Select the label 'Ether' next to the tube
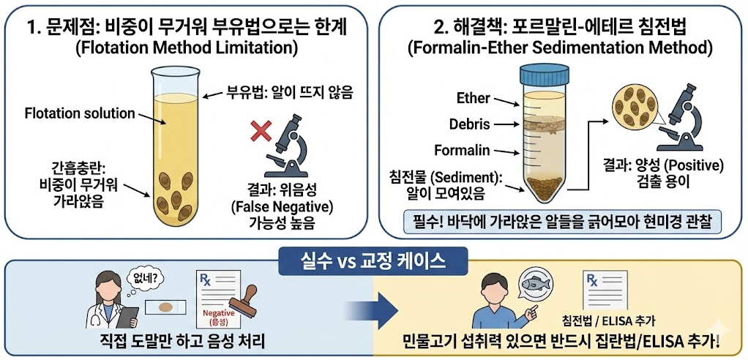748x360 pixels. click(x=473, y=98)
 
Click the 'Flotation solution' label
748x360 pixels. click(x=80, y=113)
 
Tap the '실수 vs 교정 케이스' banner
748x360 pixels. click(x=373, y=260)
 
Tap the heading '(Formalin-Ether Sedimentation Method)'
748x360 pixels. click(x=560, y=49)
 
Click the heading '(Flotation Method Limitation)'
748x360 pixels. click(x=185, y=49)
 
